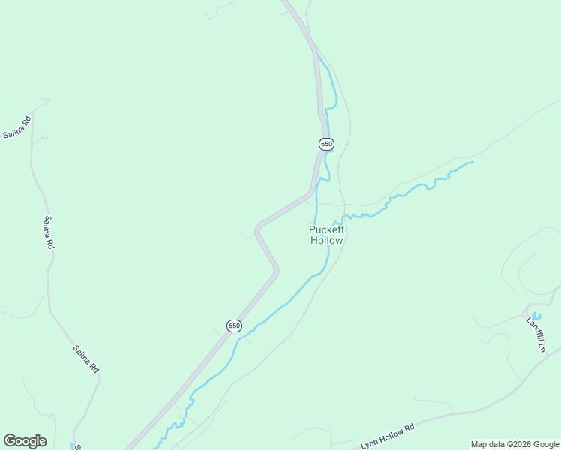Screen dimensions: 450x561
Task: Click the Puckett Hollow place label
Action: pyautogui.click(x=327, y=235)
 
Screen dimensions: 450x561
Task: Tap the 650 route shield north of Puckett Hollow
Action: pyautogui.click(x=325, y=144)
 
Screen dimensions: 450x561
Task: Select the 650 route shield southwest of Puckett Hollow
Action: pyautogui.click(x=234, y=325)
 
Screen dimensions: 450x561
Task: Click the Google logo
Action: pyautogui.click(x=25, y=441)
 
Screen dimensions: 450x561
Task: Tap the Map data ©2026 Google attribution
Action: pyautogui.click(x=515, y=444)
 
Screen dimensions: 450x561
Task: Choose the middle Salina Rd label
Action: pyautogui.click(x=48, y=232)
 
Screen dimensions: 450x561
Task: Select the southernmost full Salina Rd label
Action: pyautogui.click(x=86, y=358)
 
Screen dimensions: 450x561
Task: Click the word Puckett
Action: pyautogui.click(x=327, y=229)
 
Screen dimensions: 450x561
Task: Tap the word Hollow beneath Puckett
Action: pyautogui.click(x=327, y=240)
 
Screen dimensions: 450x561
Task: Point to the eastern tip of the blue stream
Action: pyautogui.click(x=472, y=161)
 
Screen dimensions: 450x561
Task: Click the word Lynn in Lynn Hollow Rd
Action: pyautogui.click(x=368, y=443)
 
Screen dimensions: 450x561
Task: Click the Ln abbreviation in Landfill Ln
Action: pyautogui.click(x=540, y=348)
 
